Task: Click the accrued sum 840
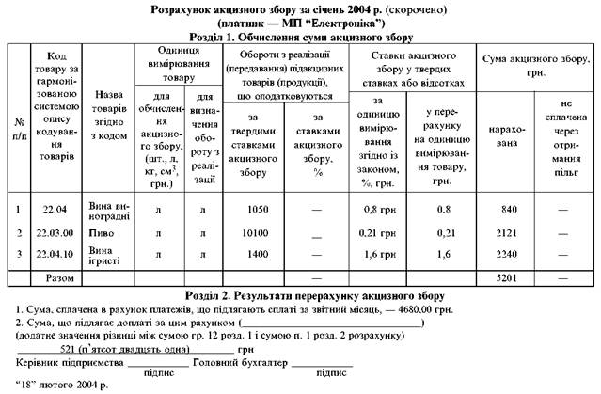(510, 208)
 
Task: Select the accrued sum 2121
(510, 231)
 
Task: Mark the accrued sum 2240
(510, 255)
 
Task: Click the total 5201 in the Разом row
(510, 279)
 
